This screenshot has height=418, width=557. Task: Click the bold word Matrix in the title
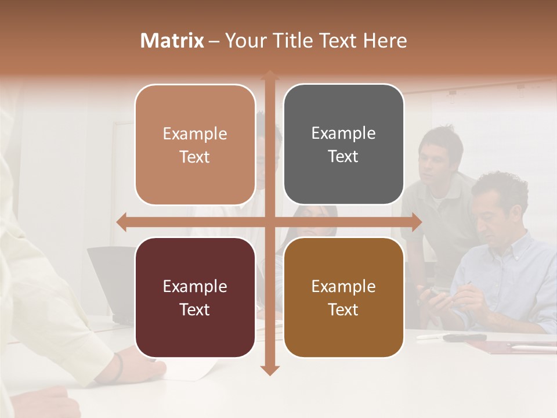coord(172,41)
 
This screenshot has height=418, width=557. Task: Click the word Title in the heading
coord(308,41)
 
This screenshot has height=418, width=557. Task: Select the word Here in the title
coord(385,41)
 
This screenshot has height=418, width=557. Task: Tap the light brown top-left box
coord(195,145)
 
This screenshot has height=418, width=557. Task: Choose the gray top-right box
coord(343,145)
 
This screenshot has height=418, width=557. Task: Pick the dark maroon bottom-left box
coord(195,297)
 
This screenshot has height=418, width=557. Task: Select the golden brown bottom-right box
coord(343,297)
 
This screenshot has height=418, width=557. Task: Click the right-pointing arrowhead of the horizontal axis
coord(416,222)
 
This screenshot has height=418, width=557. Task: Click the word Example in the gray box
coord(343,134)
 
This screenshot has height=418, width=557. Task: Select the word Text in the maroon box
coord(195,309)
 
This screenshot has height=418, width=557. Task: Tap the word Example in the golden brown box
coord(343,286)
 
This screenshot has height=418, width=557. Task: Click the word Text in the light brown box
coord(195,157)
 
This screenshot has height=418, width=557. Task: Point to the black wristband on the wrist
coord(118,367)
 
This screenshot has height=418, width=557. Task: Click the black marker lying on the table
coord(464,337)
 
